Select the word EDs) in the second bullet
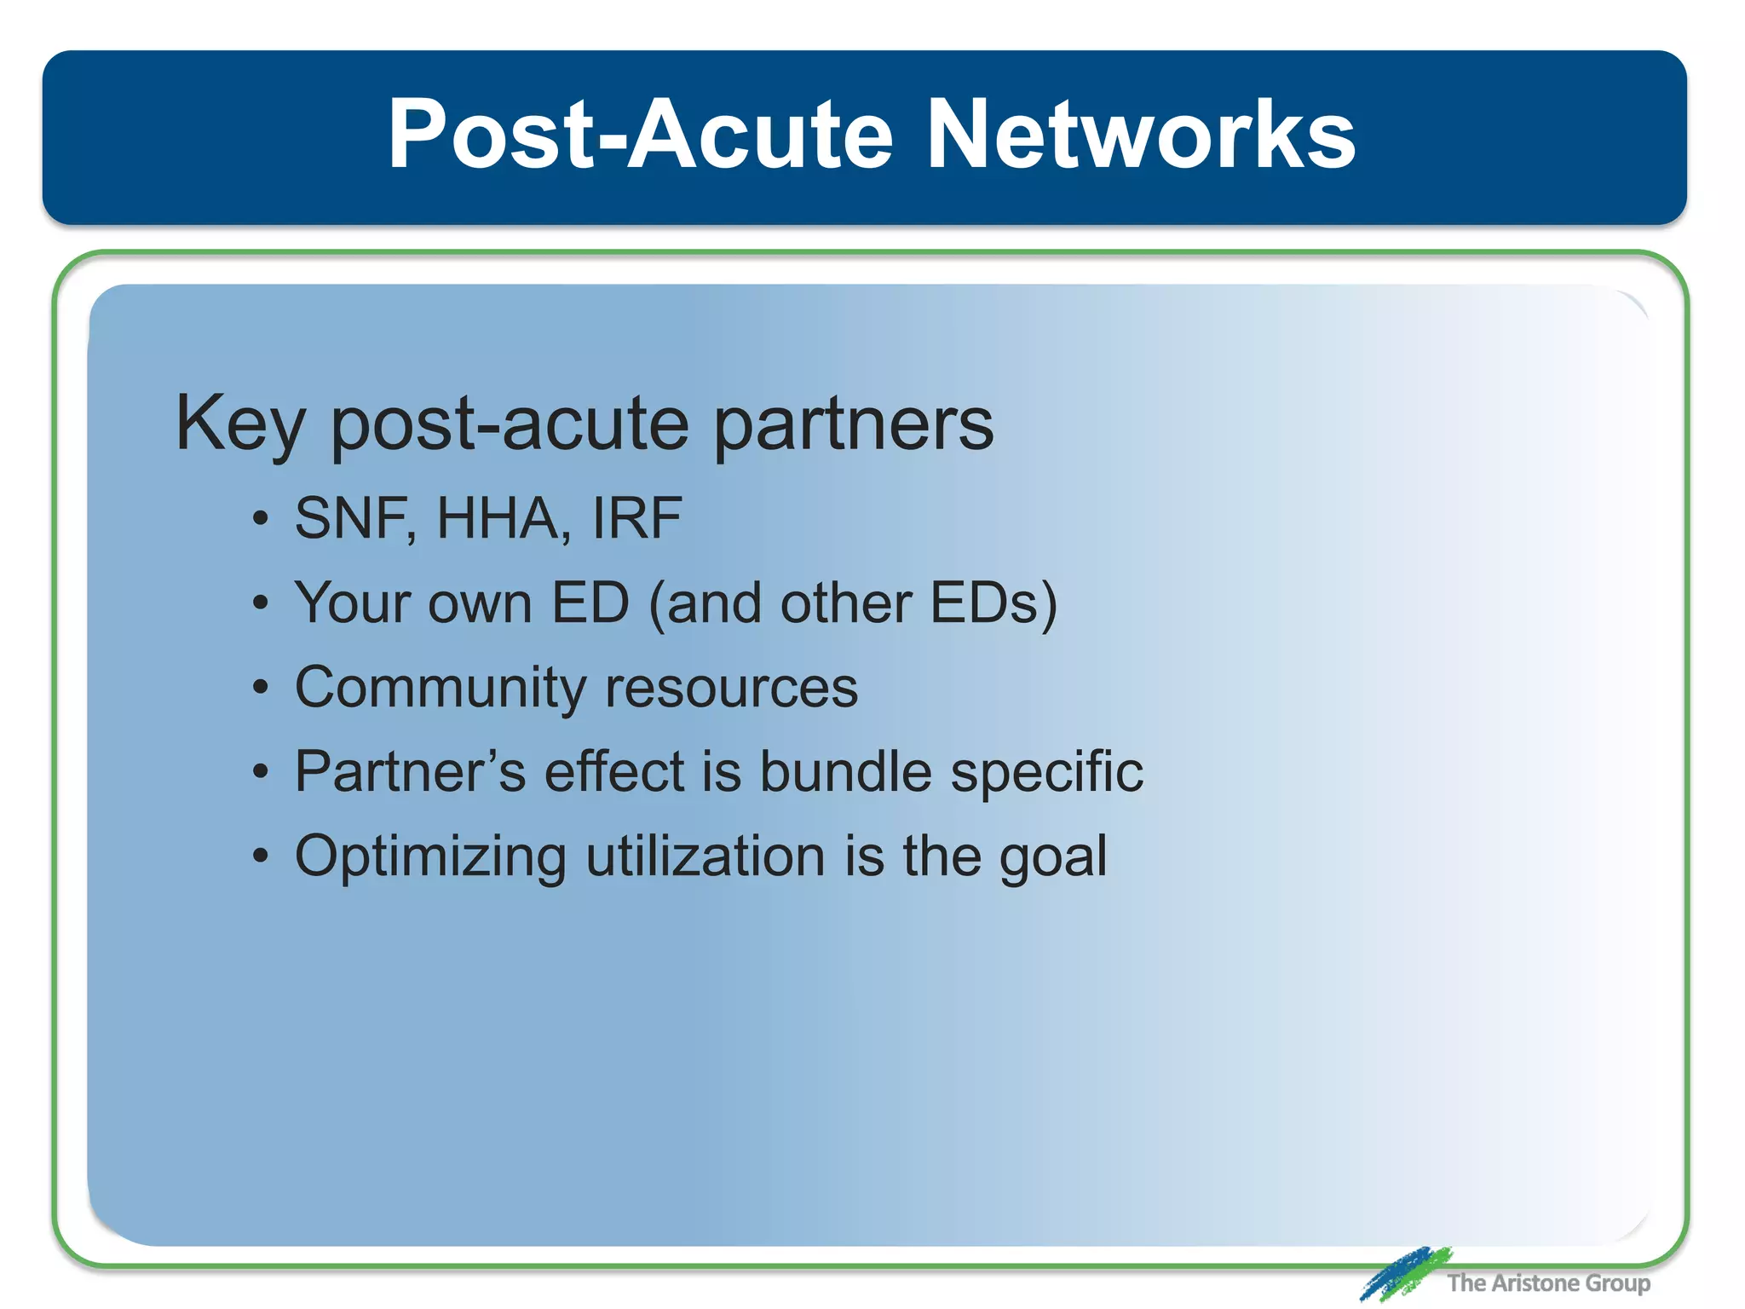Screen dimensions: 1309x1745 click(993, 603)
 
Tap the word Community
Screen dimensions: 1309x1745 click(439, 688)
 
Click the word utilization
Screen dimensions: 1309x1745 click(705, 856)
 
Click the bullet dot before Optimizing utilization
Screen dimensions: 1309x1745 click(261, 856)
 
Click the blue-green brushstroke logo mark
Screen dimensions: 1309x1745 click(1403, 1273)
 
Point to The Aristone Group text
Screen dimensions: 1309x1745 click(1548, 1283)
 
